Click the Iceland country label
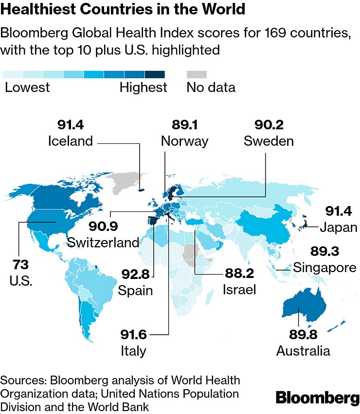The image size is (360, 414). click(71, 141)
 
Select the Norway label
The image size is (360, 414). click(184, 141)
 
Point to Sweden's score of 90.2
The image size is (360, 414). click(269, 125)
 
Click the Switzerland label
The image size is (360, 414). click(104, 242)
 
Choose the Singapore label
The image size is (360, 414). click(324, 267)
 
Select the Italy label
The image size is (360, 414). click(133, 350)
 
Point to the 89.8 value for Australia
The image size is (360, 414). click(303, 335)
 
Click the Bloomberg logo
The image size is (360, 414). click(317, 397)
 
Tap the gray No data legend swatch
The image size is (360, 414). click(197, 74)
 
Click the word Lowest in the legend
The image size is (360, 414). click(27, 87)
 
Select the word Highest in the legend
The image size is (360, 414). click(143, 87)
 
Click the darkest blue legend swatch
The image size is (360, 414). click(155, 74)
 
